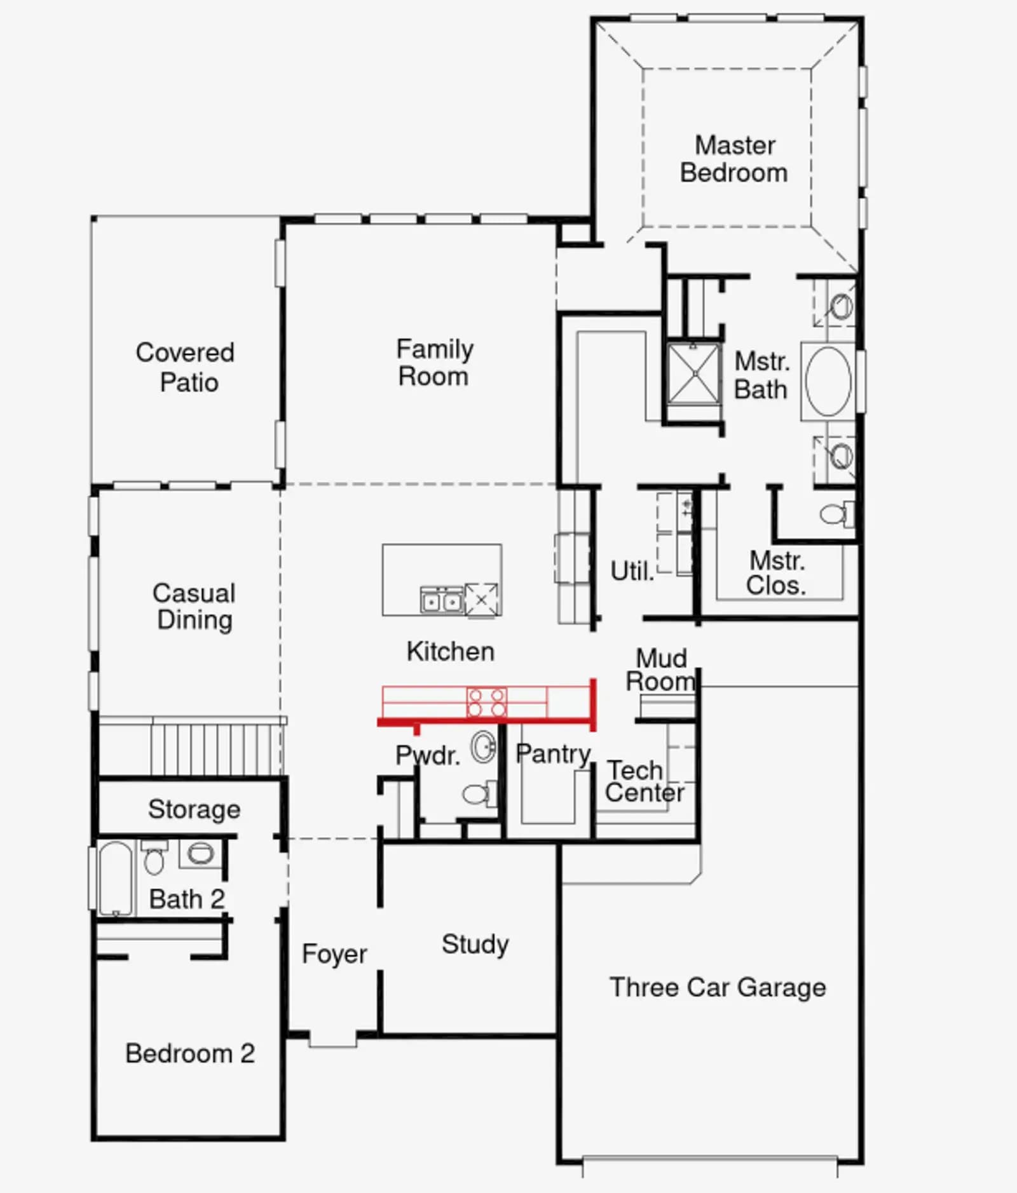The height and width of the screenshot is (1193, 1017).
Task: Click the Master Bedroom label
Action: point(734,159)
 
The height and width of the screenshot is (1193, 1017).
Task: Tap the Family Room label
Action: point(435,362)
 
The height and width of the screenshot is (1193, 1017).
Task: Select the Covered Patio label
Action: point(186,367)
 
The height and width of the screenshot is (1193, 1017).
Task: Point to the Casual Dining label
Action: point(194,606)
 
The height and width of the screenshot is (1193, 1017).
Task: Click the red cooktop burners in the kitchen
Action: point(487,702)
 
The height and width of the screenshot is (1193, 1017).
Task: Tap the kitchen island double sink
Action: point(441,600)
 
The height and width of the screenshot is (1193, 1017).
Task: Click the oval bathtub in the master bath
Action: point(828,382)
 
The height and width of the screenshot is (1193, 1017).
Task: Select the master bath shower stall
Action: point(694,374)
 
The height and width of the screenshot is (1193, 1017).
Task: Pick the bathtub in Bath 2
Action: point(116,879)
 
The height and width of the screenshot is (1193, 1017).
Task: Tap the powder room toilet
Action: point(480,793)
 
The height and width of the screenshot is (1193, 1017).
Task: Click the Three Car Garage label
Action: point(718,987)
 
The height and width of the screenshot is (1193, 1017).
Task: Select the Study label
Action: point(475,944)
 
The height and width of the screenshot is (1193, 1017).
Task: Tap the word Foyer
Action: point(334,954)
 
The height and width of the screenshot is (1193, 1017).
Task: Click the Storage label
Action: point(195,809)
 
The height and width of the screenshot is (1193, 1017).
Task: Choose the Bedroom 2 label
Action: point(190,1053)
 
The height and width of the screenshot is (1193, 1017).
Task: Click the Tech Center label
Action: point(645,781)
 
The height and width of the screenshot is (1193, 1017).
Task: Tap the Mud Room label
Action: point(661,670)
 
